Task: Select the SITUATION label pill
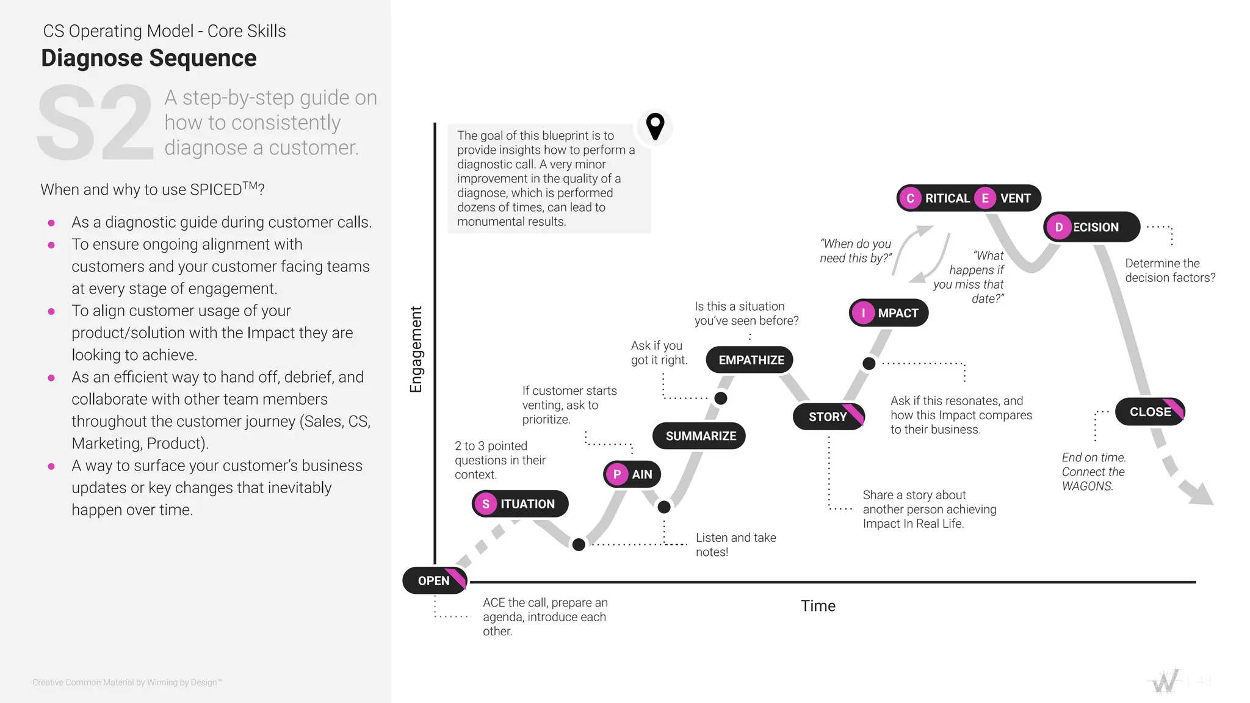[520, 504]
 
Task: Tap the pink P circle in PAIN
[617, 474]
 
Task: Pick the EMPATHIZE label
[750, 360]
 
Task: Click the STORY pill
[828, 417]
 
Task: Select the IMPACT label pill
[889, 313]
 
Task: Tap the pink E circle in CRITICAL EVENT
[984, 198]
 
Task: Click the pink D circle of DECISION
[1059, 227]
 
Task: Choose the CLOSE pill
[1149, 412]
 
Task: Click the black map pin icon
[655, 126]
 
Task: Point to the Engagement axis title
[416, 349]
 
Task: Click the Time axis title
[818, 606]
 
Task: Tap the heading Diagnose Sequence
[149, 58]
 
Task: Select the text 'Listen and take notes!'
[735, 544]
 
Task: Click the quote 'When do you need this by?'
[855, 251]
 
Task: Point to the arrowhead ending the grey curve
[1201, 494]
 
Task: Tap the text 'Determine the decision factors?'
[1169, 270]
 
